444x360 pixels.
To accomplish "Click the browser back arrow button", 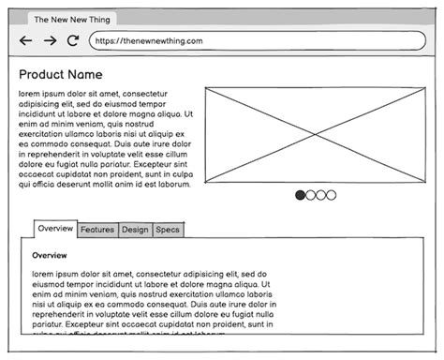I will tap(25, 41).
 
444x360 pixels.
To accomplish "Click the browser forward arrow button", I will tap(50, 41).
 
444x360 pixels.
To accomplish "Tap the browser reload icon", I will tap(73, 41).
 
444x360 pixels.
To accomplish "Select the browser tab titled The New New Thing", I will tap(69, 19).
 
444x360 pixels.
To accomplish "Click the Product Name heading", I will tap(61, 75).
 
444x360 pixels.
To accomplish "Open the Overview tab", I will tap(55, 229).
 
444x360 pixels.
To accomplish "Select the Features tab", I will tap(97, 230).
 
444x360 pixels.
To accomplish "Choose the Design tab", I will tap(135, 230).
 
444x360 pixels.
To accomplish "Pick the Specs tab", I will tap(168, 230).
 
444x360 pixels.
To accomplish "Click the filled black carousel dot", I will tap(301, 195).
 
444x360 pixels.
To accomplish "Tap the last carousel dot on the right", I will tap(332, 195).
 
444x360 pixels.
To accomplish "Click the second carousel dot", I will tap(311, 195).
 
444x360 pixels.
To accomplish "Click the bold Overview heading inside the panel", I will tap(50, 255).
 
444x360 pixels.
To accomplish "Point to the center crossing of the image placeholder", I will tap(314, 131).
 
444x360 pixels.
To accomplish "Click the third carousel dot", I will tap(321, 195).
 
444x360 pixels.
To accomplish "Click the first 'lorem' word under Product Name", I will tap(29, 94).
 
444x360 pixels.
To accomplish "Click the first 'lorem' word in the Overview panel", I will tap(43, 274).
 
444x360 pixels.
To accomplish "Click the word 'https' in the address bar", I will tap(106, 41).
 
